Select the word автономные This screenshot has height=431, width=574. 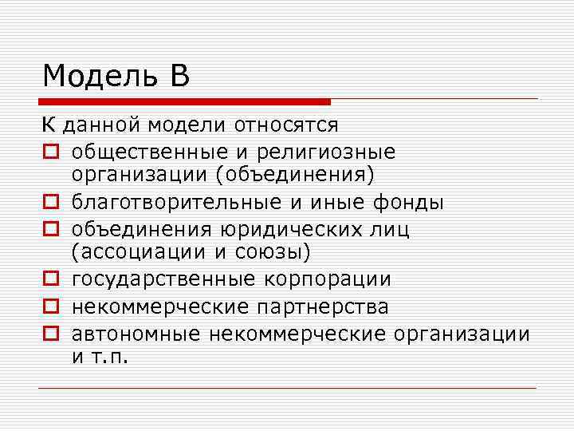point(132,332)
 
